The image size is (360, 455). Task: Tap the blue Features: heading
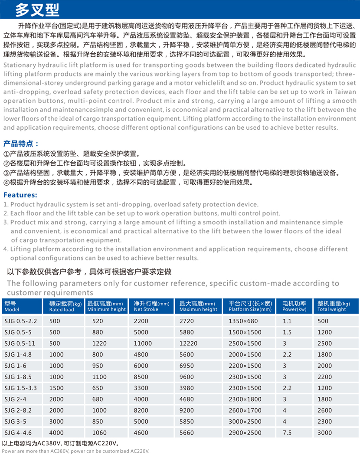20,195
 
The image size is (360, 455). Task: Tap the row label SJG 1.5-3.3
20,387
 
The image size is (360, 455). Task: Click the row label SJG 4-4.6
18,432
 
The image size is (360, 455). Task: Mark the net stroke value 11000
143,343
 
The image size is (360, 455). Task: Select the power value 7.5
287,432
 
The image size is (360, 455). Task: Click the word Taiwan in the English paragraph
346,92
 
